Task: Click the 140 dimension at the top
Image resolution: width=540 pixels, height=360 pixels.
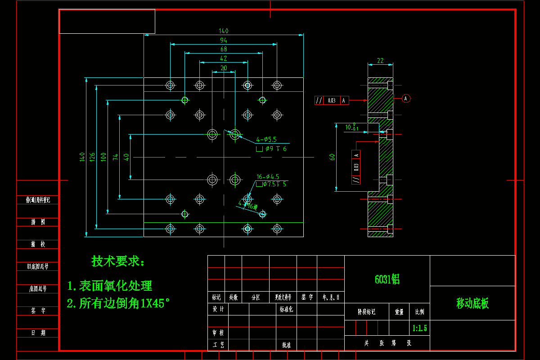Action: (x=224, y=31)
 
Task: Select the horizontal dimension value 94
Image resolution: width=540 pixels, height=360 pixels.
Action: (x=224, y=40)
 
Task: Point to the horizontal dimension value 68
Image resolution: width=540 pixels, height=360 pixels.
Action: (x=224, y=49)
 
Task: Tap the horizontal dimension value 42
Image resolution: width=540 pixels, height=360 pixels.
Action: (x=224, y=58)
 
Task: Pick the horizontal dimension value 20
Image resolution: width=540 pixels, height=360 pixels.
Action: (x=224, y=68)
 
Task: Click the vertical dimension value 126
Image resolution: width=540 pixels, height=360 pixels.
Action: (x=92, y=157)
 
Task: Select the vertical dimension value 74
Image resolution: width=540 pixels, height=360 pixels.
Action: (x=116, y=157)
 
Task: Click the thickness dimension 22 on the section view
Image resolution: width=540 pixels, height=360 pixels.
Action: (x=380, y=60)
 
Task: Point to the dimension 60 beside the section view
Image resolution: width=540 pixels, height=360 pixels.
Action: (x=332, y=157)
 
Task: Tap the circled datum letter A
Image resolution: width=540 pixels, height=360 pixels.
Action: (x=406, y=98)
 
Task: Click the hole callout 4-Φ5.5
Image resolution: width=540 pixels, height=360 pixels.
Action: (x=266, y=139)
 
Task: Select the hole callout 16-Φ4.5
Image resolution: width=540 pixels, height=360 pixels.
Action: (x=268, y=176)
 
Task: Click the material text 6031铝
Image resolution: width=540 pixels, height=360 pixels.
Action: (x=387, y=279)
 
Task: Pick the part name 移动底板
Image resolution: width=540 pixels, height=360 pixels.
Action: (x=472, y=304)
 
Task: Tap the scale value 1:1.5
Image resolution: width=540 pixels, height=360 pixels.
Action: (x=419, y=328)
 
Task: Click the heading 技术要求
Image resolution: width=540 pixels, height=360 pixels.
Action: (x=118, y=261)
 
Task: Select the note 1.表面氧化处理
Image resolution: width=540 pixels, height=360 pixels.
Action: (x=110, y=286)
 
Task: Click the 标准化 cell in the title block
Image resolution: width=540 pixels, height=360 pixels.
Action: (x=286, y=310)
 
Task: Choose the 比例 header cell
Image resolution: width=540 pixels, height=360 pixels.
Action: (x=419, y=311)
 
